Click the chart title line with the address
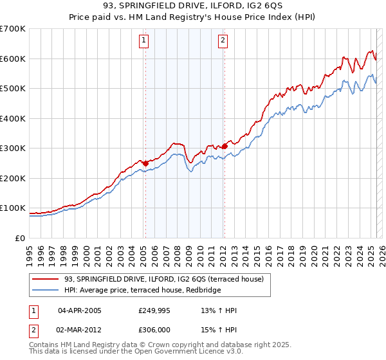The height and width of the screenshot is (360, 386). tap(193, 6)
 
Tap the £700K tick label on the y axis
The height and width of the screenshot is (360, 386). tap(13, 29)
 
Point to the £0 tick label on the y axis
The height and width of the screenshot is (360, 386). tap(21, 238)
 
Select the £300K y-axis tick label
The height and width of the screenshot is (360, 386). tap(13, 148)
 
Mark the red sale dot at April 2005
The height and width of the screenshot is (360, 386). tap(145, 163)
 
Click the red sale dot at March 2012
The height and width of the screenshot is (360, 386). tap(225, 147)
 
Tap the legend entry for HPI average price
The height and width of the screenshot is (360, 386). tap(142, 291)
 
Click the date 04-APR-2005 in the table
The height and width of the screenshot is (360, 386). tap(79, 310)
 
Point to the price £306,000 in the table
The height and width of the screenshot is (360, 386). tap(154, 329)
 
